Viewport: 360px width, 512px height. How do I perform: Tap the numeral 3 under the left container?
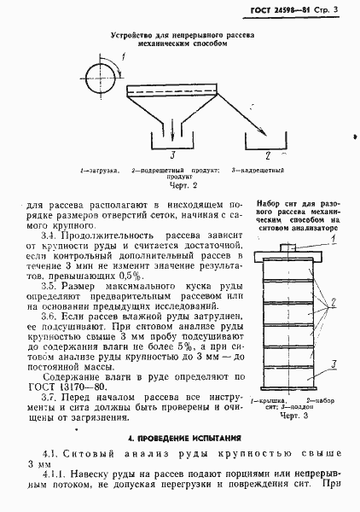click(171, 155)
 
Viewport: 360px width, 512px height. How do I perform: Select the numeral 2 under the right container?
click(268, 155)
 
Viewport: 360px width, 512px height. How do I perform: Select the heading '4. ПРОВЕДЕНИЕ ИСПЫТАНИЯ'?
click(180, 437)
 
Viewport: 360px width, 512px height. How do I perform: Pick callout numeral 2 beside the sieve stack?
click(334, 300)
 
